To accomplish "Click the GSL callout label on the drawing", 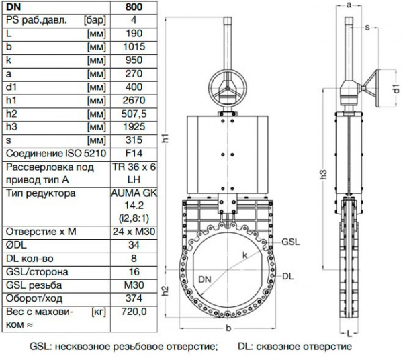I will click(x=291, y=240).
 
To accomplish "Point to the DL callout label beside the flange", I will click(x=287, y=275).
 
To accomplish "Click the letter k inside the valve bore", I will click(x=246, y=255).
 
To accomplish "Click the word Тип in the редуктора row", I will click(x=14, y=193).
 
